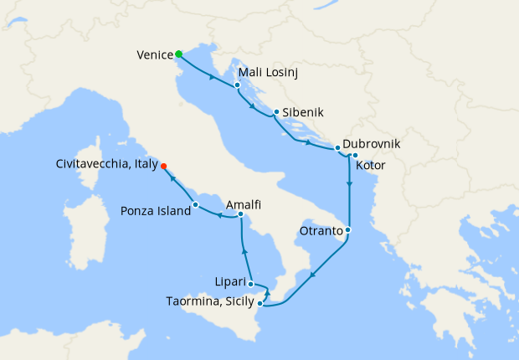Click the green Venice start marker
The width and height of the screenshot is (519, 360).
click(179, 54)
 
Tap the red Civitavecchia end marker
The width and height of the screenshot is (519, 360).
click(163, 166)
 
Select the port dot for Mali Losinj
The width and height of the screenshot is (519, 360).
click(238, 85)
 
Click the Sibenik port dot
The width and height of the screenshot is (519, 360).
click(276, 111)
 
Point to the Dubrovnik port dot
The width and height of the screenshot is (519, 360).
click(337, 148)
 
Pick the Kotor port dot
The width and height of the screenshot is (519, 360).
click(355, 155)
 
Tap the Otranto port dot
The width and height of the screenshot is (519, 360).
click(348, 229)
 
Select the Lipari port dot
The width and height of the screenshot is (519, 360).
click(250, 284)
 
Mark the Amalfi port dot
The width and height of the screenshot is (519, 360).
click(241, 215)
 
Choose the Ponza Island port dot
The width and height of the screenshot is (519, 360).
click(195, 204)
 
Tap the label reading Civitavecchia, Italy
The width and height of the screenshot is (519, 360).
click(107, 166)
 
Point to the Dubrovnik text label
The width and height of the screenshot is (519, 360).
click(372, 144)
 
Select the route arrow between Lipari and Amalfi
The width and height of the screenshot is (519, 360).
click(244, 250)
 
